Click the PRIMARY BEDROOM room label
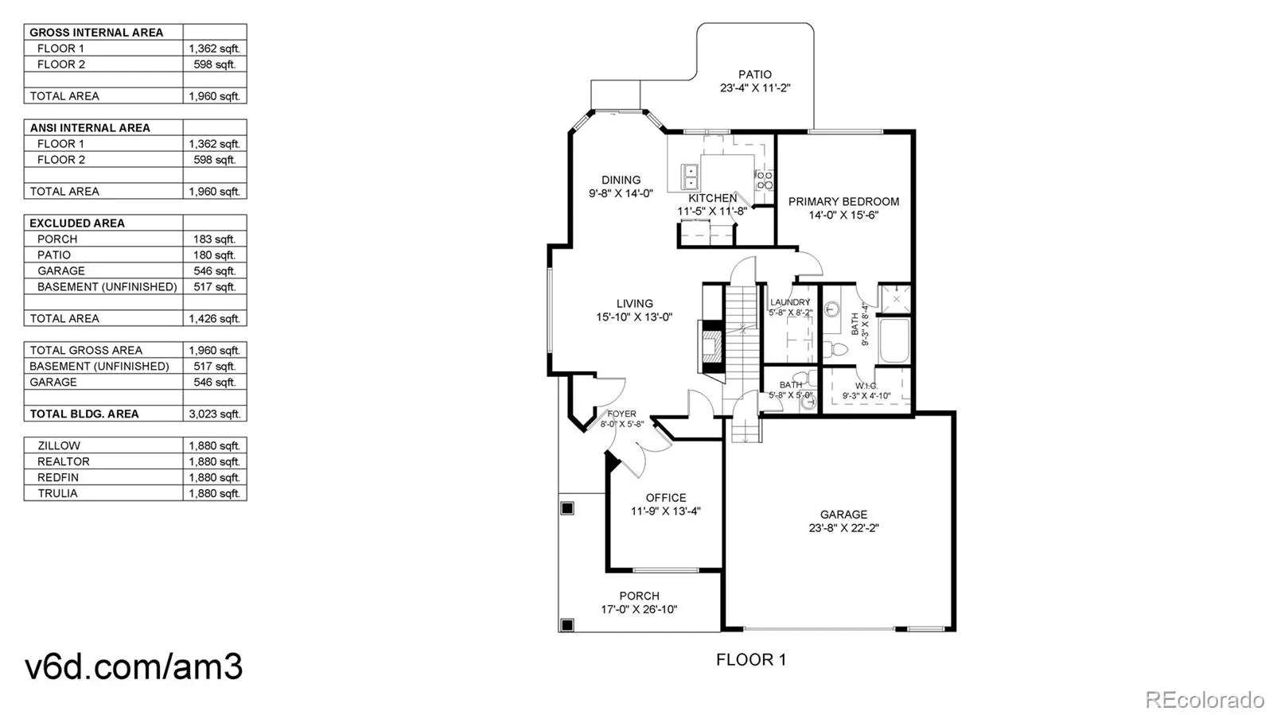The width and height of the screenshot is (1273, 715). coord(843,201)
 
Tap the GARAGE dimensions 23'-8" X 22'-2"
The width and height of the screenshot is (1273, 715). coord(843,528)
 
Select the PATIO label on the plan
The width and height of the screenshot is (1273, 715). coord(754,75)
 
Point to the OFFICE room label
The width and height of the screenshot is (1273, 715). coord(666,498)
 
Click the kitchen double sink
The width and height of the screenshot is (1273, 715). coord(689,177)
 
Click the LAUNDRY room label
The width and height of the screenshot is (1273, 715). coord(790,302)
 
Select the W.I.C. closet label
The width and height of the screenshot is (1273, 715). coord(866,386)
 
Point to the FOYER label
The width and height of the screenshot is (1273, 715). coord(621,414)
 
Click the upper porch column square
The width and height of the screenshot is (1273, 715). coord(567,508)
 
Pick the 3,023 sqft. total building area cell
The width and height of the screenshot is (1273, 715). coord(214,414)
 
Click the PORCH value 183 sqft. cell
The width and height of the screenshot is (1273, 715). coord(214,239)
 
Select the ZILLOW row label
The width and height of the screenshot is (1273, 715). coord(59,445)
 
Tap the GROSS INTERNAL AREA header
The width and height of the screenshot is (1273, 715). coord(96,33)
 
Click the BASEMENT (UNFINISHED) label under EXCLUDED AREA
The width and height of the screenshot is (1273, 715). coord(107,286)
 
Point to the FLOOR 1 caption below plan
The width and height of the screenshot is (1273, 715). coord(750,659)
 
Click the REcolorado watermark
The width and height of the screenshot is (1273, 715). coord(1205,700)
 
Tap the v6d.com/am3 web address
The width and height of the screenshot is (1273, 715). coord(134,666)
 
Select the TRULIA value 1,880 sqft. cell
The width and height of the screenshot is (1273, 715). coord(214,493)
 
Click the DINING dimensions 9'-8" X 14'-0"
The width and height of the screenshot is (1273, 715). coord(621,193)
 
